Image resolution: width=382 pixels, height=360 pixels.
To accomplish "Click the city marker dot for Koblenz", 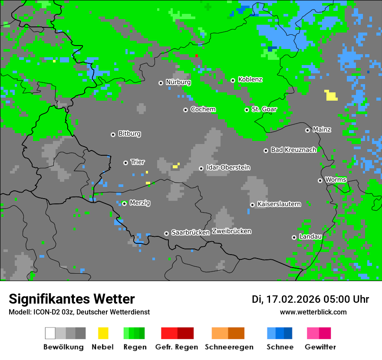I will coord(233,80).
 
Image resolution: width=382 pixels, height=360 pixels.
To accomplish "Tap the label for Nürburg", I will coord(178,82).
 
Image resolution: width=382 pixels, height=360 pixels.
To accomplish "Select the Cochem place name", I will coord(203,109).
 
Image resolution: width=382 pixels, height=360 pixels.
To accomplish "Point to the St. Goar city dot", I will coord(247,110).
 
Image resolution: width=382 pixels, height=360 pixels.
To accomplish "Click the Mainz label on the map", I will coord(322,129).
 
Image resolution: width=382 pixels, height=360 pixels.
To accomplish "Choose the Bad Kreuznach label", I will coord(293,150).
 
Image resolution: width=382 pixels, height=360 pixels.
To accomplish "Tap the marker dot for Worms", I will coord(320,180).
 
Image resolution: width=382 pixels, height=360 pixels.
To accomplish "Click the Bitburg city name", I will coord(129,134).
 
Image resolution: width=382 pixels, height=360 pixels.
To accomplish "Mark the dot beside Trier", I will coord(125,163).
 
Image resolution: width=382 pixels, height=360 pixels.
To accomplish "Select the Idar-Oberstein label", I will coord(228,167).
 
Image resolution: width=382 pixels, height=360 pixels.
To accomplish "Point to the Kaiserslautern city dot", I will coord(252,205).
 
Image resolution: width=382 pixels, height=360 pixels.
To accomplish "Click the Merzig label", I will coord(140,203).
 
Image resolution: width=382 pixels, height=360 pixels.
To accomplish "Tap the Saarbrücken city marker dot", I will coord(166,233).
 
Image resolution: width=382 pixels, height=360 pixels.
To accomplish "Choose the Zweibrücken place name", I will coord(231,231).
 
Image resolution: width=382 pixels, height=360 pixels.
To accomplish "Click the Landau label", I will coord(310,236).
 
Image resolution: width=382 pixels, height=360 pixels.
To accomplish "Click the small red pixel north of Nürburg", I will coord(196,56).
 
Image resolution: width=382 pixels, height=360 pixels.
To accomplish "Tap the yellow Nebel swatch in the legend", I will coord(103,333).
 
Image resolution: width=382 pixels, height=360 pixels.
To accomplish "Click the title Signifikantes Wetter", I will coord(72,299).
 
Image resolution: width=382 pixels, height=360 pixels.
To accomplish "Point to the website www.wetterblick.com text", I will coord(313,312).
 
